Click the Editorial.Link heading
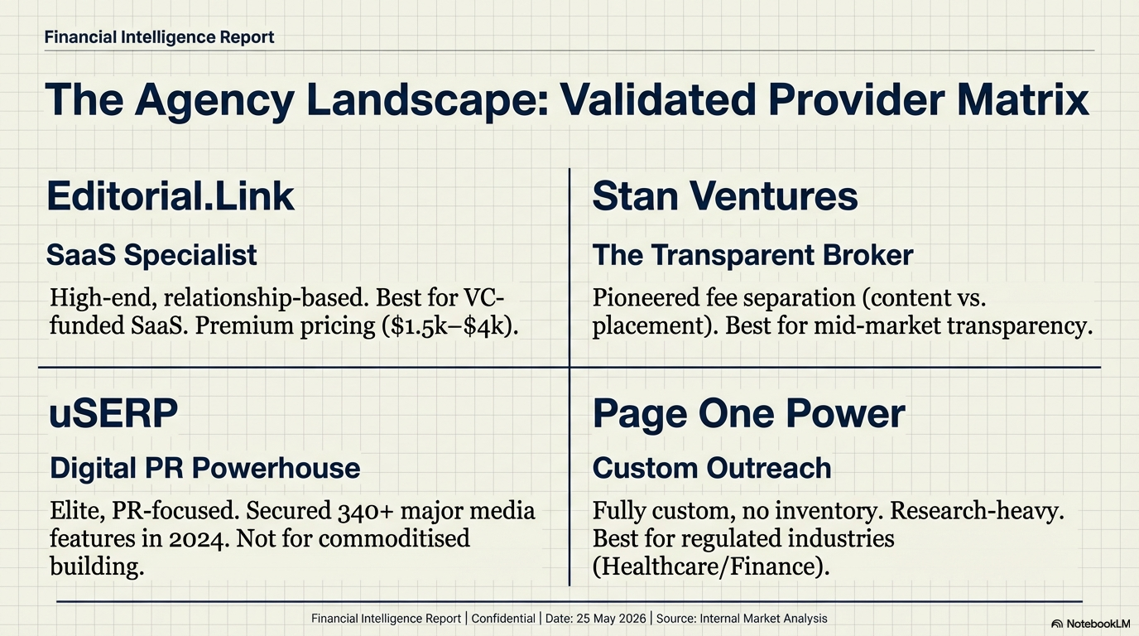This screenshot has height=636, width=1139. pos(170,196)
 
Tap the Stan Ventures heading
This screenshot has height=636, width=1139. pos(725,196)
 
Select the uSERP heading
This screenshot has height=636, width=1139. pos(113,413)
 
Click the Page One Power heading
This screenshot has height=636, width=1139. pos(748,413)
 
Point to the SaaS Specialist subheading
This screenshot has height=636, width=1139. pos(151,255)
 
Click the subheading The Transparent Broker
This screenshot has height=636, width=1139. pos(752,255)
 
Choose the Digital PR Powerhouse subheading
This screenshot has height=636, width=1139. pos(204,468)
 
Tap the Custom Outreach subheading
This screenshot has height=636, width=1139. pos(712,468)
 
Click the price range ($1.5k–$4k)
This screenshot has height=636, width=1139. pos(442,325)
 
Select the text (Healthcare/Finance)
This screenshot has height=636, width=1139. pos(710,566)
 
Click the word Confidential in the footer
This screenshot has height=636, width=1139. pos(502,619)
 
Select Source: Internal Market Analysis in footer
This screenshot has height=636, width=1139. pos(742,619)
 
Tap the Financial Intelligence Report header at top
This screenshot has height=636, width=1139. pos(159,37)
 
